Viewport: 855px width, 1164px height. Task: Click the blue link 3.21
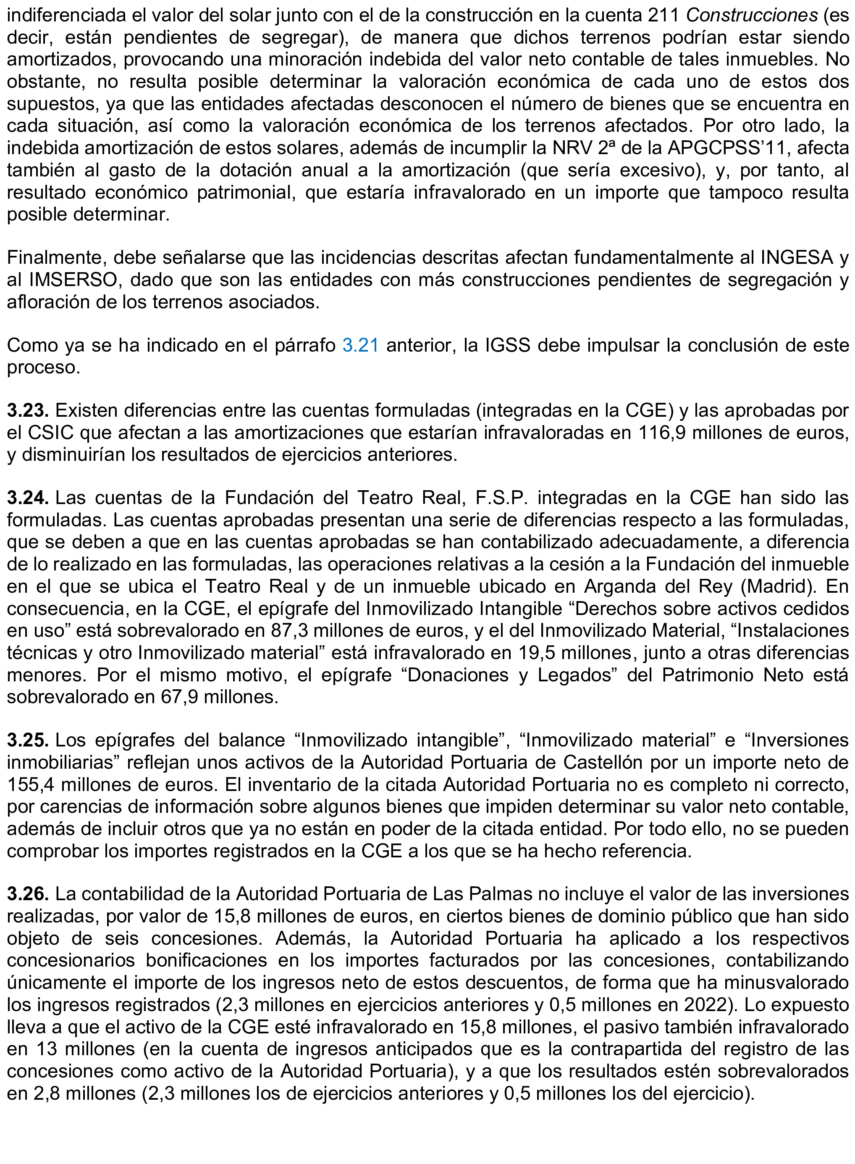click(x=361, y=345)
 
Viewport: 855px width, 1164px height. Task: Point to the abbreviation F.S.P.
click(x=501, y=498)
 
